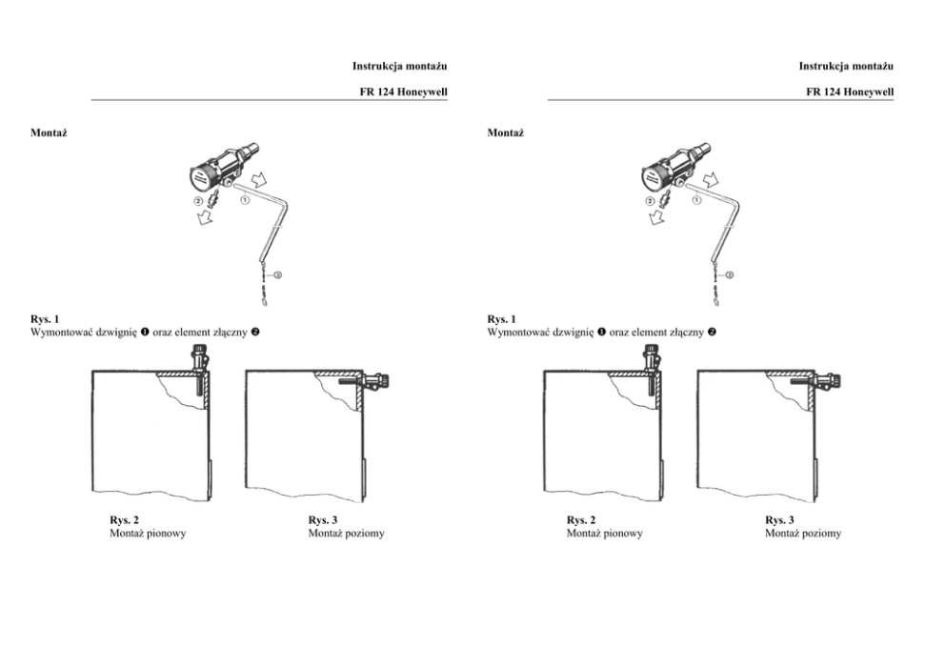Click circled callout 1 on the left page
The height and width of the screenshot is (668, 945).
click(245, 200)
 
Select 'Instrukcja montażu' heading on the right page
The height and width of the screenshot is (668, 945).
click(846, 66)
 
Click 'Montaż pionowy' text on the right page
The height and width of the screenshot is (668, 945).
click(604, 534)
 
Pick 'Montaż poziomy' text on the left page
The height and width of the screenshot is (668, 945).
click(347, 534)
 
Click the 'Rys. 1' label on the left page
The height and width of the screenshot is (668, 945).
click(46, 319)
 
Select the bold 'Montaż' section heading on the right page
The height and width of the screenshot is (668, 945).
click(505, 132)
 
